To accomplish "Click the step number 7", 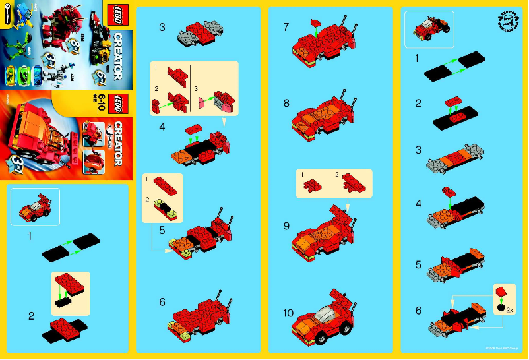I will click(286, 28).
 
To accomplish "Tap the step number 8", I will click(286, 104).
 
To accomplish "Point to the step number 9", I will click(286, 226).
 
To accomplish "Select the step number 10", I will click(288, 313).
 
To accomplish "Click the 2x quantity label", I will click(509, 308).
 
